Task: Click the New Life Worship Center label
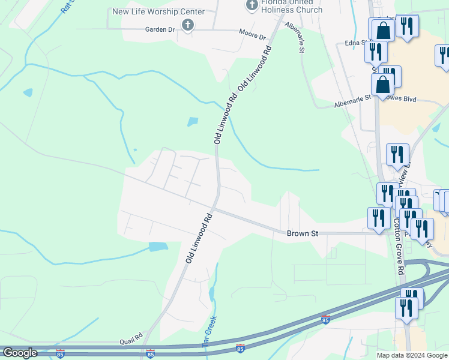click(x=158, y=12)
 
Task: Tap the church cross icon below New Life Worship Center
click(x=188, y=25)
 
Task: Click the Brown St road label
click(x=301, y=233)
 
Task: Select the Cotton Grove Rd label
click(x=398, y=247)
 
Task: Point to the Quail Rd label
click(x=130, y=336)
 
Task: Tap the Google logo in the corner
click(x=20, y=353)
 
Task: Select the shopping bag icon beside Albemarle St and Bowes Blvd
click(x=382, y=86)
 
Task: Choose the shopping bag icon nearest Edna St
click(x=382, y=31)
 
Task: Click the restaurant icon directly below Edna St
click(x=375, y=52)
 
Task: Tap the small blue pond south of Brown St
click(x=158, y=246)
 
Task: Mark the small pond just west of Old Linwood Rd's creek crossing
click(x=192, y=121)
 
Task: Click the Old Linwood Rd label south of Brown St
click(x=199, y=238)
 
